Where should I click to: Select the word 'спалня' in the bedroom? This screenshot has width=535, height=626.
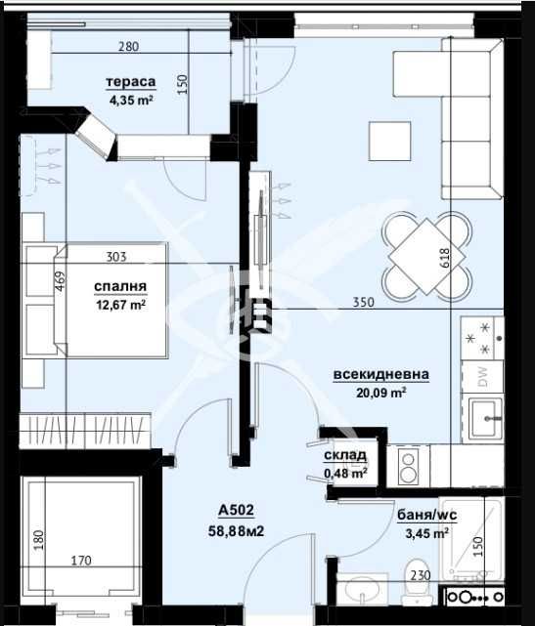(x=120, y=287)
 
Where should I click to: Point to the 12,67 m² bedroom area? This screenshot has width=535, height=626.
(x=120, y=304)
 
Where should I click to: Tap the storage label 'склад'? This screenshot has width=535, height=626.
(x=346, y=456)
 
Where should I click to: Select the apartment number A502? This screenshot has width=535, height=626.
(x=238, y=510)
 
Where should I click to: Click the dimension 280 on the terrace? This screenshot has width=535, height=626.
(x=129, y=46)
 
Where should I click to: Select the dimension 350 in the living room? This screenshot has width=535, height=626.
(x=365, y=304)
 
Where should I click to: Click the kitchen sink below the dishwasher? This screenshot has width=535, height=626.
(x=483, y=422)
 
